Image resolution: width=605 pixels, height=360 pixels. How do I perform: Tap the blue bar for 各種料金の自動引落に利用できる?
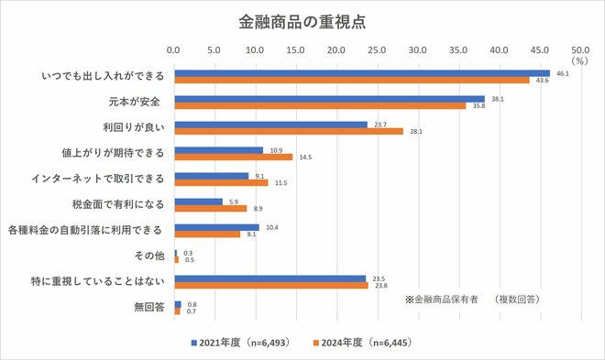click(x=216, y=226)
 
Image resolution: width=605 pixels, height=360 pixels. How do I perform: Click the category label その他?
click(x=148, y=256)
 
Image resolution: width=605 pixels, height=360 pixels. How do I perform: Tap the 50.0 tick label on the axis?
click(x=579, y=50)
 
